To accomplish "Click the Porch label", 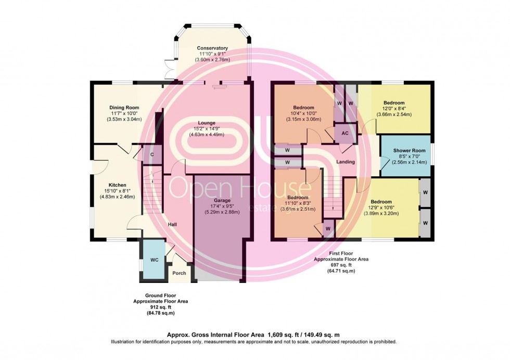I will (179, 273).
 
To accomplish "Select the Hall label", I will (172, 224).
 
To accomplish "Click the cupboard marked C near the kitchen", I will (152, 155).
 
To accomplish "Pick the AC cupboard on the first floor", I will (345, 133).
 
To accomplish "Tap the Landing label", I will (346, 162).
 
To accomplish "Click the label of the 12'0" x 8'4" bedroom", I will (394, 103).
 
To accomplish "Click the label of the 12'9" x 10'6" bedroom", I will (381, 201).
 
